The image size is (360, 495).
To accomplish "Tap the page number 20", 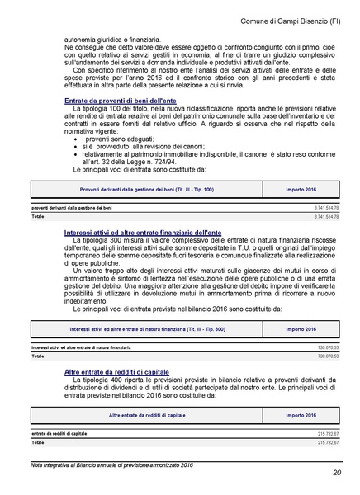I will click(x=336, y=473).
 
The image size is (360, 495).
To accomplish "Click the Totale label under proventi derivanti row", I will click(x=38, y=216).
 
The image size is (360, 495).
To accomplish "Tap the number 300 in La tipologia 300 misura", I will click(x=113, y=243).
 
